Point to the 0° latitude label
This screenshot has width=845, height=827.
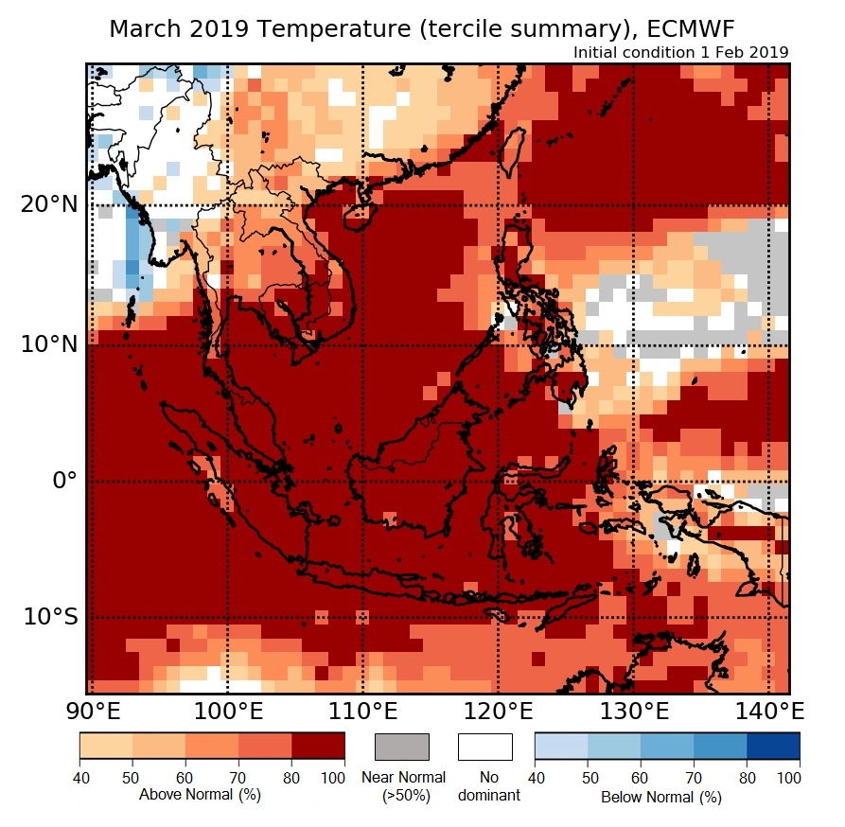click(62, 481)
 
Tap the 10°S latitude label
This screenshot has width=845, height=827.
click(50, 618)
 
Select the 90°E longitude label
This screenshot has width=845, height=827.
click(92, 710)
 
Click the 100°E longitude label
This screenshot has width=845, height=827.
click(227, 710)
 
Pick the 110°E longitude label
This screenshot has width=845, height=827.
click(362, 710)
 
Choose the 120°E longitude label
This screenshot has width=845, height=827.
click(498, 710)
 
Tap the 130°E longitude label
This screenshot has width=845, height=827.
click(633, 710)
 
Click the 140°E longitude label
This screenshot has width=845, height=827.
click(768, 710)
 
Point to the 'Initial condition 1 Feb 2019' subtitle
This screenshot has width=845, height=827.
click(680, 52)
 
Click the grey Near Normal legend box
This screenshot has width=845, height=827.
click(402, 747)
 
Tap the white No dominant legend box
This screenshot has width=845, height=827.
click(485, 747)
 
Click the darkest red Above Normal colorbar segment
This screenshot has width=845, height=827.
click(318, 747)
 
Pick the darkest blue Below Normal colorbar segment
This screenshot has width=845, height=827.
click(773, 747)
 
